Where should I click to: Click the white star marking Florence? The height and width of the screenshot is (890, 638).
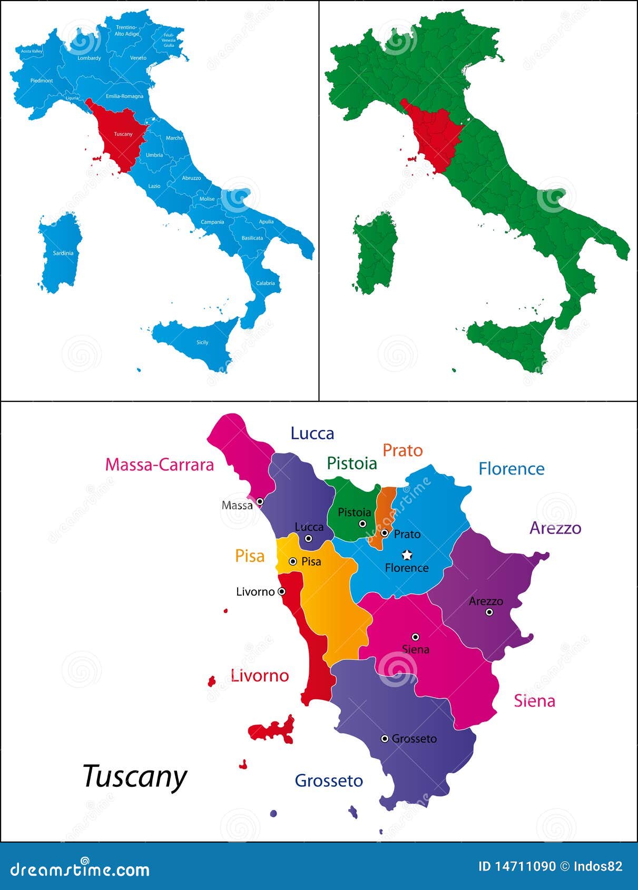(407, 555)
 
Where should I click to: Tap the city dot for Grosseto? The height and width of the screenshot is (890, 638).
(385, 739)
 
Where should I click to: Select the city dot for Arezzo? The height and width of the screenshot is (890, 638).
(489, 612)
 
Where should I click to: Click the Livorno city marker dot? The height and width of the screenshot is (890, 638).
(282, 591)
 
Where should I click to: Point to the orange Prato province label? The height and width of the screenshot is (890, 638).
(403, 450)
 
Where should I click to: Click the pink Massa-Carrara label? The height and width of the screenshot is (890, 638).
(159, 464)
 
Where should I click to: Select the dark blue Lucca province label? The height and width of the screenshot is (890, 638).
(312, 433)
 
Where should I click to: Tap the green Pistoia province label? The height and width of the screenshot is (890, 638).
(351, 463)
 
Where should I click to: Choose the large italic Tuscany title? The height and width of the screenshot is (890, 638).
(135, 776)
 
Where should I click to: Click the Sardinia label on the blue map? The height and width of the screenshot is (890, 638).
(63, 253)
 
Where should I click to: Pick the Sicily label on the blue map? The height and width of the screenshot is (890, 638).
(202, 342)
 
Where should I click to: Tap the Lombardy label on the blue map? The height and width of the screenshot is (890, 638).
(89, 58)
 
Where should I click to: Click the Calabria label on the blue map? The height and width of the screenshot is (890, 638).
(266, 283)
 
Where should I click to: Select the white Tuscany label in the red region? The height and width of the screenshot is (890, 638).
(123, 134)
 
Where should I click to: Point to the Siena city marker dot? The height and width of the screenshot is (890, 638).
(415, 637)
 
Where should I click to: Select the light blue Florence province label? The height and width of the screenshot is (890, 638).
(511, 469)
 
